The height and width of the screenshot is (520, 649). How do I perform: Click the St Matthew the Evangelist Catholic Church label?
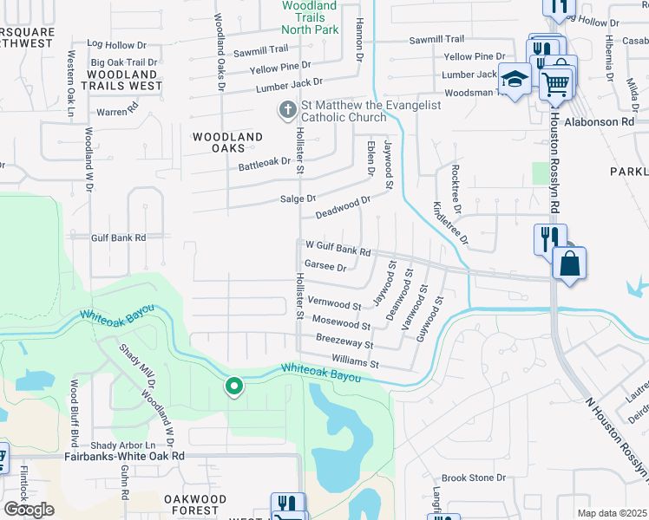click(370, 112)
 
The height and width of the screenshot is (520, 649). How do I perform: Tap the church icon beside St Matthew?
click(287, 110)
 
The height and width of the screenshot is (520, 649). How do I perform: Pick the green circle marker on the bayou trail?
click(233, 387)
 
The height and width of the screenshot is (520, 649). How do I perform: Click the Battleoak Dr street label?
click(265, 161)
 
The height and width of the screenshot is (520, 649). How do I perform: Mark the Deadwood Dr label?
click(343, 206)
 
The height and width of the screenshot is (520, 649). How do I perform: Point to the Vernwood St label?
click(335, 305)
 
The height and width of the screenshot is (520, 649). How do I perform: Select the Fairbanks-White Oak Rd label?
click(125, 455)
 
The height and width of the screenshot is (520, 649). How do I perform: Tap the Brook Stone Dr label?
click(474, 478)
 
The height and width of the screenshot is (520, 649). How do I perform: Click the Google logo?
click(29, 510)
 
